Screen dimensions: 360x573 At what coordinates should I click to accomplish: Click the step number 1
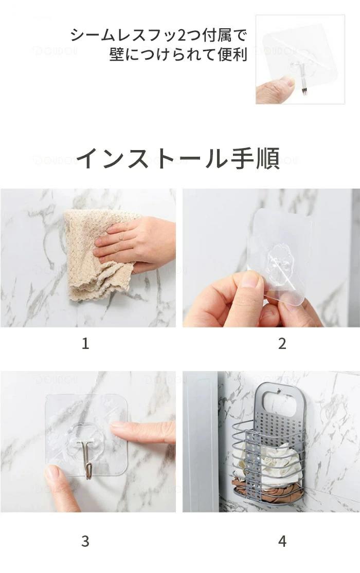tap(85, 343)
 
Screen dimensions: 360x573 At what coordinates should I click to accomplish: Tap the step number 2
tap(282, 343)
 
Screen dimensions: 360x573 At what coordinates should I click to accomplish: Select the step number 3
tap(85, 541)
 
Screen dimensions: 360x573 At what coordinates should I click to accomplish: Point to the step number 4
tap(282, 541)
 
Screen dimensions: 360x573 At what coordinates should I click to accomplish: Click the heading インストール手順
tap(178, 158)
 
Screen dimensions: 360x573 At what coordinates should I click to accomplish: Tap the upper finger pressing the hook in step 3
tap(142, 431)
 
